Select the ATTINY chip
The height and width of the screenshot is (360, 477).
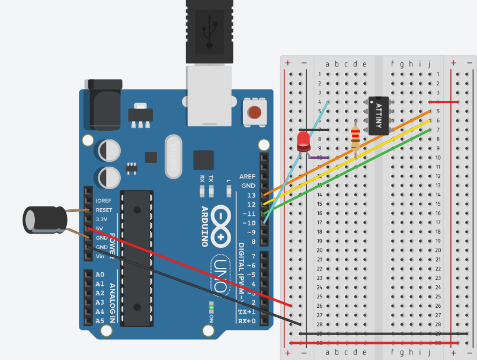coord(379,115)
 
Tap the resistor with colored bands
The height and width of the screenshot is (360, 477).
coord(356,139)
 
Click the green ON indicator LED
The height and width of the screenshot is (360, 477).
coord(211,307)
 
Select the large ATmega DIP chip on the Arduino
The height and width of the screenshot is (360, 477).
coord(137,258)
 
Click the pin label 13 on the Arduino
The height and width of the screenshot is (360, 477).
coord(252,195)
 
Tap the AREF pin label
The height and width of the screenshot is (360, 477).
coord(247,177)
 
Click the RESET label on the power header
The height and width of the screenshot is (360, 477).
coord(104,210)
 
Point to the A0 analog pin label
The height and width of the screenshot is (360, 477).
coord(100,275)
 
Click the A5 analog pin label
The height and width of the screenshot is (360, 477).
coord(100,321)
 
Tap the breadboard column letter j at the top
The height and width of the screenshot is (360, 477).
coord(428,64)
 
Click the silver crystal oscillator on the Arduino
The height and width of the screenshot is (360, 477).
coord(173,157)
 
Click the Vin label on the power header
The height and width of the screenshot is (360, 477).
coord(101,256)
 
